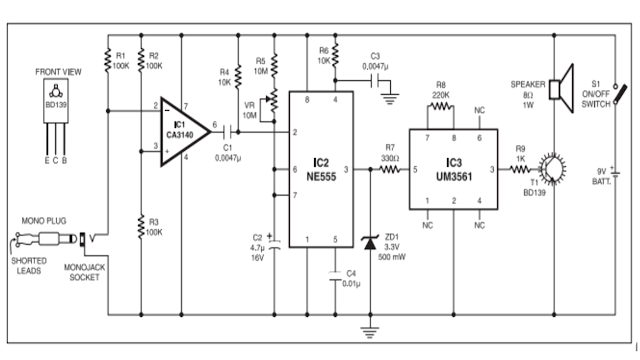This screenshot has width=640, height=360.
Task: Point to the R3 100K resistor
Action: (139, 225)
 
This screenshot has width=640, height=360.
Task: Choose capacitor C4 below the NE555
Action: (335, 278)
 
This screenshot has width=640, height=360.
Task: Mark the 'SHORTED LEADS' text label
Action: (29, 265)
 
